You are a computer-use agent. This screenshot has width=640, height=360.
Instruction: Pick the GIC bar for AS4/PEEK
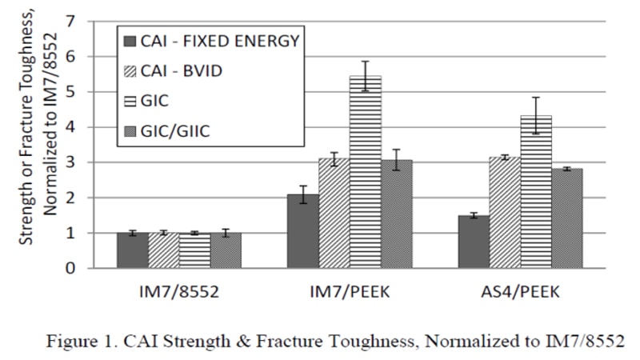pyautogui.click(x=536, y=192)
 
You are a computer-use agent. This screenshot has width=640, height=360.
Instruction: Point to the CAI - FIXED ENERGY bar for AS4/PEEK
pyautogui.click(x=474, y=242)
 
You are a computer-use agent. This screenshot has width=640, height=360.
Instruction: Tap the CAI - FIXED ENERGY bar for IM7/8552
pyautogui.click(x=133, y=250)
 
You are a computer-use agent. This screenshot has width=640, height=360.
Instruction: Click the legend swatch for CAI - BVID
pyautogui.click(x=131, y=70)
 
